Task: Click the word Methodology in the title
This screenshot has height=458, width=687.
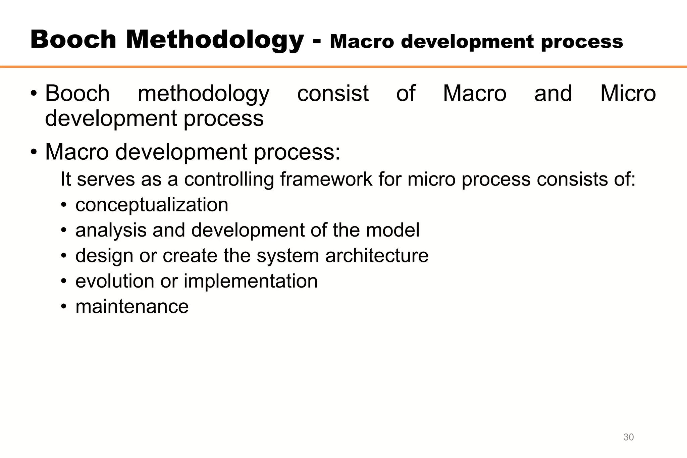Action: [215, 40]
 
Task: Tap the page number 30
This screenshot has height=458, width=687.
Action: [628, 437]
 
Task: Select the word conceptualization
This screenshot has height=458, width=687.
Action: [152, 205]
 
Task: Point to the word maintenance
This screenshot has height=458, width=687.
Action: [132, 307]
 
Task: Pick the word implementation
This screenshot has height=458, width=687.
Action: [250, 281]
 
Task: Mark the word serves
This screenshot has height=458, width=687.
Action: [106, 179]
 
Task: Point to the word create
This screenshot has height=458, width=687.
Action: [190, 256]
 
